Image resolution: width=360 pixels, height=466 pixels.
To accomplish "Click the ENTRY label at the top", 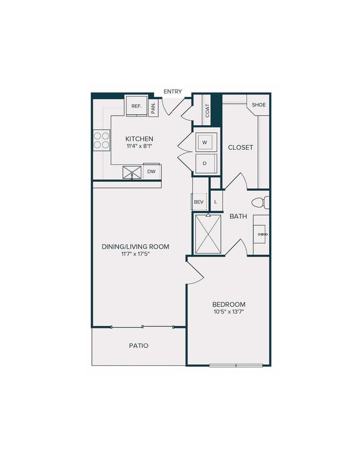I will [172, 91].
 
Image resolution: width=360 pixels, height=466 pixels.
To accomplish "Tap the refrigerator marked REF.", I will [136, 106].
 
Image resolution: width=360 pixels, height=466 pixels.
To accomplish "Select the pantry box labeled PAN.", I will [153, 107].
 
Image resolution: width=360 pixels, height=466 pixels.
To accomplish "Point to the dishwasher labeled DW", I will [151, 172].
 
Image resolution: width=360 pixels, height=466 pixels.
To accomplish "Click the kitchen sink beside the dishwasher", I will [132, 173].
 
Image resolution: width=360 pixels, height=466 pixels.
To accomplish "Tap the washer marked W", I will [205, 142].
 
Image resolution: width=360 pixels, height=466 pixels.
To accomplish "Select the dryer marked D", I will [205, 163].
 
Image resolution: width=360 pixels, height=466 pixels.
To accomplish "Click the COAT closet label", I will [208, 110].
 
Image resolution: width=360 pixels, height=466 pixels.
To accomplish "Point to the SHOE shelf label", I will [259, 105].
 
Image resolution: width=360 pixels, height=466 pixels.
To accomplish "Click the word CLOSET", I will [240, 147].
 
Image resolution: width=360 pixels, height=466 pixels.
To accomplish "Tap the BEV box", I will [199, 202].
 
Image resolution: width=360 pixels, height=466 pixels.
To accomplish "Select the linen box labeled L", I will [216, 202].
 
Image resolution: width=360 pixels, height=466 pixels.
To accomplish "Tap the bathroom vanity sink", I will [261, 235].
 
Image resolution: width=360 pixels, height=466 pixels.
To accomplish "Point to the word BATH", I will [238, 216].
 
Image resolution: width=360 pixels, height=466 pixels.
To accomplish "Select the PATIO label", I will [138, 345].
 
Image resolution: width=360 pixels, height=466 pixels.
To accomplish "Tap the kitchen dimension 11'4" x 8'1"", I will [139, 147].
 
